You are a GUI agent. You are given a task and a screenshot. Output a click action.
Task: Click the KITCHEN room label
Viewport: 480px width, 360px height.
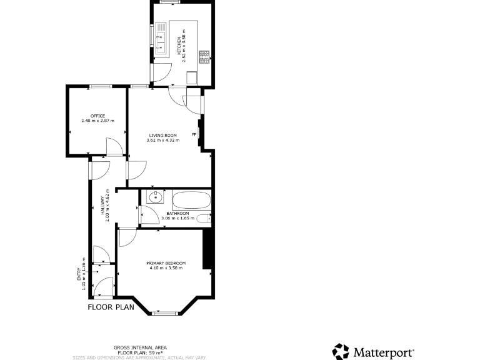coord(179,46)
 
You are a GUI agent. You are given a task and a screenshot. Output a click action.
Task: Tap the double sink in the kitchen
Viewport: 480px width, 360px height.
coord(161,37)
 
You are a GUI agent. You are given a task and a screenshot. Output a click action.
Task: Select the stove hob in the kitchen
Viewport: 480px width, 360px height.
coord(204,56)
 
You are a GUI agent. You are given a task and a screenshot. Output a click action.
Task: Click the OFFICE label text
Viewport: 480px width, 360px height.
coord(97,116)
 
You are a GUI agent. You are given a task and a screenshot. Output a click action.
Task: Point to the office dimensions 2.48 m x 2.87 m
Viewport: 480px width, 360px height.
coord(97,121)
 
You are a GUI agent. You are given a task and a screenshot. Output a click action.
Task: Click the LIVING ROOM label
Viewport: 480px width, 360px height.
coord(162,135)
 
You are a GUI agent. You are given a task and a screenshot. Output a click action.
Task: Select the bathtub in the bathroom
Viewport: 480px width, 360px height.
coord(192,201)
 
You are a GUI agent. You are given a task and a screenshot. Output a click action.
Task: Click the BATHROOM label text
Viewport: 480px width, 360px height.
coord(177,214)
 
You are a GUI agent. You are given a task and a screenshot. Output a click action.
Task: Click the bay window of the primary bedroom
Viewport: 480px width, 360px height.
coord(165,312)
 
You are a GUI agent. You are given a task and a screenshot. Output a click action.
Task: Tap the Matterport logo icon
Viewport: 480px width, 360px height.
coord(341,351)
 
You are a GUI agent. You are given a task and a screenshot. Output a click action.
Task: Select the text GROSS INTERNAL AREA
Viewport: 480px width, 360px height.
coord(140,347)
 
